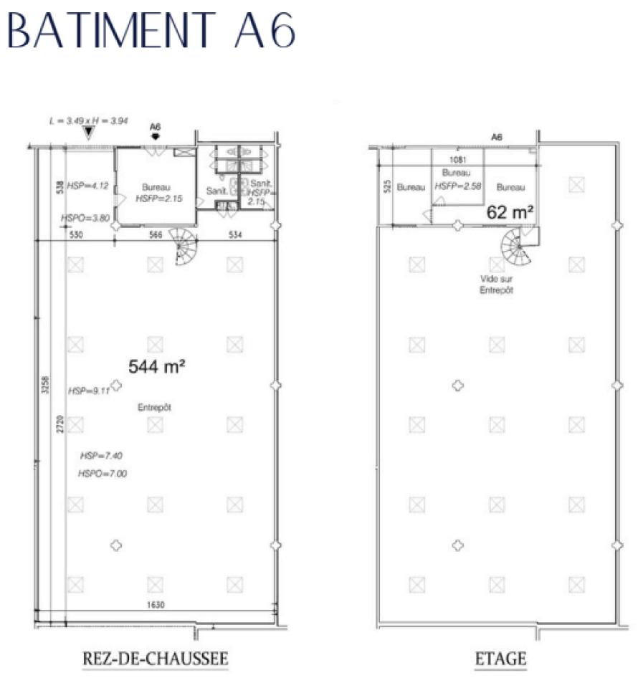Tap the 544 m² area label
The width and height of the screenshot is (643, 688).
(158, 366)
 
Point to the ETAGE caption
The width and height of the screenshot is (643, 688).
(500, 658)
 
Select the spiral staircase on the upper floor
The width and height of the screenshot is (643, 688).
(517, 247)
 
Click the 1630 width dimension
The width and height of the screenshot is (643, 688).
(156, 604)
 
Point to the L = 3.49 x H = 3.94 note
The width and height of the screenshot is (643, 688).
(85, 123)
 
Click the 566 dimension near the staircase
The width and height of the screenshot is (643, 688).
(155, 234)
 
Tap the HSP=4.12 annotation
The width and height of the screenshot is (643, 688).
(87, 186)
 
